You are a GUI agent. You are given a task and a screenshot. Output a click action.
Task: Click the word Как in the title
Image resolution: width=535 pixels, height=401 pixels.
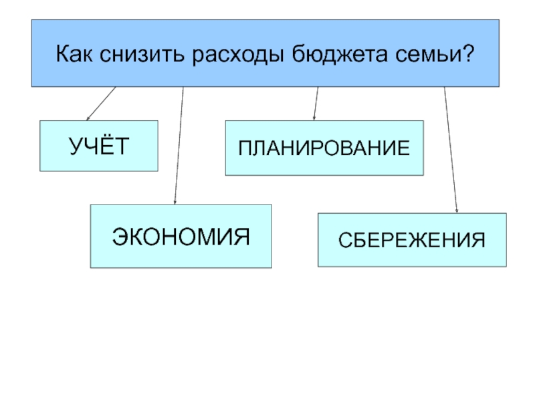tap(74, 53)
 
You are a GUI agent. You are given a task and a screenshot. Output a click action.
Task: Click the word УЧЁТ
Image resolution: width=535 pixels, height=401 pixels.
tap(99, 146)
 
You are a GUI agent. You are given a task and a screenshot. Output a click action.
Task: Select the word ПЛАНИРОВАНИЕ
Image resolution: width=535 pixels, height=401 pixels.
tap(324, 148)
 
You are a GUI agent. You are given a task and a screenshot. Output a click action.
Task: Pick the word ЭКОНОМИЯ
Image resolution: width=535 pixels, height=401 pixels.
tap(181, 237)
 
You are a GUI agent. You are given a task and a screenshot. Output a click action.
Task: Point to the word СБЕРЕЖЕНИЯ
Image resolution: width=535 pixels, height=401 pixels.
tap(411, 241)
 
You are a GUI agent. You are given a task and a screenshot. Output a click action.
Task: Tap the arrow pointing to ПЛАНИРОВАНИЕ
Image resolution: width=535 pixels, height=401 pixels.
tap(316, 104)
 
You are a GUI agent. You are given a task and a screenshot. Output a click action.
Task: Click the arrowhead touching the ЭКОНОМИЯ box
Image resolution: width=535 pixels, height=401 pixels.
tap(175, 202)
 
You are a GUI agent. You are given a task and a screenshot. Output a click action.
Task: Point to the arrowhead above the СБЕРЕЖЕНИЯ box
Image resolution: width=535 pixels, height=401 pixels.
tap(457, 211)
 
